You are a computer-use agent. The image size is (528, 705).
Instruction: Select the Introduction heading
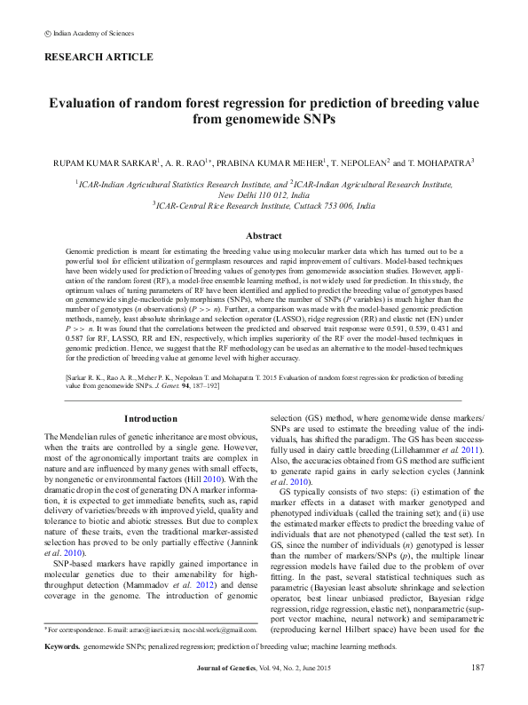click(x=150, y=418)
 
